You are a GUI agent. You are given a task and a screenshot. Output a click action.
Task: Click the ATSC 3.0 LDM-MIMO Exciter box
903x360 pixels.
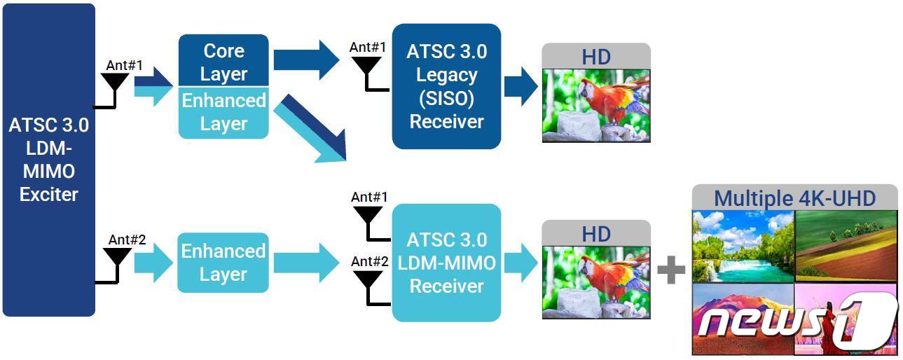pyautogui.click(x=48, y=160)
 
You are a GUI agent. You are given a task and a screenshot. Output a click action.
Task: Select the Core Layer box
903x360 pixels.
pyautogui.click(x=223, y=62)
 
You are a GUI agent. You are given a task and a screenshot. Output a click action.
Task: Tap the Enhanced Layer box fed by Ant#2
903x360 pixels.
pyautogui.click(x=223, y=262)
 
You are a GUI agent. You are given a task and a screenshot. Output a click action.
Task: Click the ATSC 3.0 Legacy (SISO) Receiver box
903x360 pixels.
pyautogui.click(x=446, y=86)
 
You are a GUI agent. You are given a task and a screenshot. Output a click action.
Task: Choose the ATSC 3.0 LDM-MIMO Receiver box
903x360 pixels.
pyautogui.click(x=446, y=263)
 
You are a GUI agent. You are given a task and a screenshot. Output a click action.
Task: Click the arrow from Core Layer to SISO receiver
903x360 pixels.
pyautogui.click(x=305, y=60)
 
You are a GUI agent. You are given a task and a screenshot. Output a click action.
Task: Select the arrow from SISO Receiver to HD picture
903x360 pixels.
pyautogui.click(x=521, y=88)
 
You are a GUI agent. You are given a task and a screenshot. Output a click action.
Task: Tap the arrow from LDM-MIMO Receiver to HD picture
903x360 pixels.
pyautogui.click(x=521, y=263)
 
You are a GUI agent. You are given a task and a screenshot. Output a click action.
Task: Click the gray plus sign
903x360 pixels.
pyautogui.click(x=671, y=270)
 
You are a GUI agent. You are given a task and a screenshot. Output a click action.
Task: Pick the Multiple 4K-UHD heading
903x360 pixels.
pyautogui.click(x=794, y=198)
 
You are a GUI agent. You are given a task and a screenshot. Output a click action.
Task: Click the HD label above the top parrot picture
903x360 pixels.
pyautogui.click(x=596, y=57)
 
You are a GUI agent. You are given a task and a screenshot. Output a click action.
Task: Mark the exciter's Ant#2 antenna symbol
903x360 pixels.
pyautogui.click(x=116, y=259)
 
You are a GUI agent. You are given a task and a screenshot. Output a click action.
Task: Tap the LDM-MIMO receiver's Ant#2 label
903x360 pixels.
pyautogui.click(x=369, y=261)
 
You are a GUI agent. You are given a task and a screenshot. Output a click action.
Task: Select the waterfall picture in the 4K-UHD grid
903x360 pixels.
pyautogui.click(x=743, y=246)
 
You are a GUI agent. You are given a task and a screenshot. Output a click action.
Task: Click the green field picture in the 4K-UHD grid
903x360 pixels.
pyautogui.click(x=846, y=246)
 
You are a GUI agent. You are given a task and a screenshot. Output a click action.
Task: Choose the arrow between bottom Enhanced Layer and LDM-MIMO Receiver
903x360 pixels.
pyautogui.click(x=305, y=263)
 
